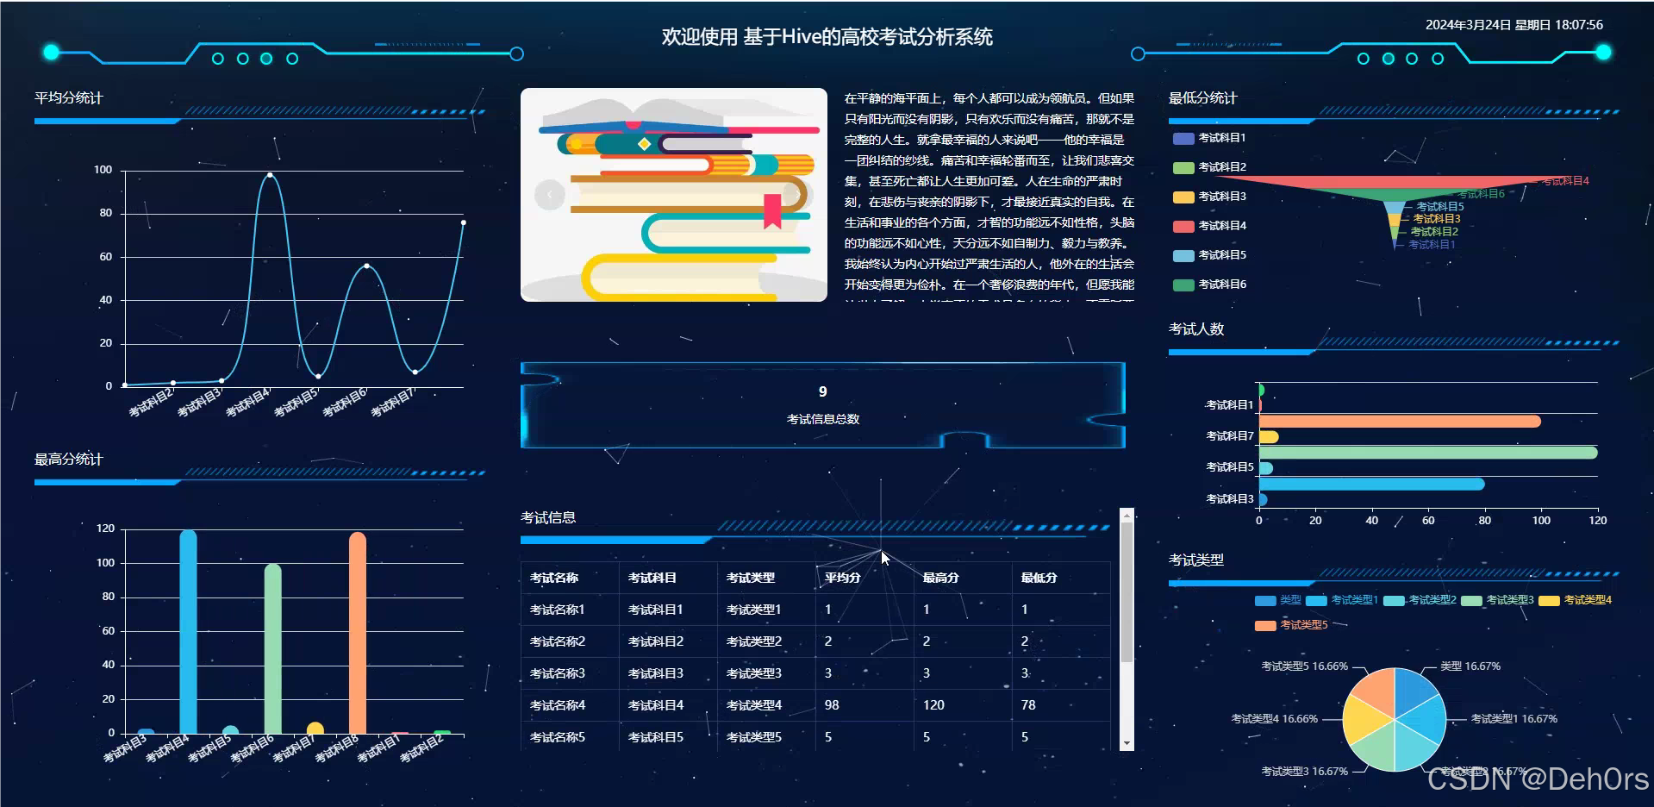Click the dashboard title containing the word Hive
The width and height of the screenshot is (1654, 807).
point(827,37)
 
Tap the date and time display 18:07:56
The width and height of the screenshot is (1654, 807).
point(1514,25)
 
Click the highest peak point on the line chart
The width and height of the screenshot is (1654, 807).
point(270,175)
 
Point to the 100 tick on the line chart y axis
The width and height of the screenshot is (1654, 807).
point(103,170)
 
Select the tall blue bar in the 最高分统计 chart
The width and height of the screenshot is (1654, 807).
point(188,631)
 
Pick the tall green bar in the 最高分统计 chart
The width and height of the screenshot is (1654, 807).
point(272,648)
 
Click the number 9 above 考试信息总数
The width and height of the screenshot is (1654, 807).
point(822,392)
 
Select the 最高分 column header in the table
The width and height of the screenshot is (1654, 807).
point(940,578)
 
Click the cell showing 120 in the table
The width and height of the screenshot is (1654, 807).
point(933,705)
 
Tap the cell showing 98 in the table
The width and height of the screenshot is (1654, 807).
point(832,705)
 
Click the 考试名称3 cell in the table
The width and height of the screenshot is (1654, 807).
point(558,673)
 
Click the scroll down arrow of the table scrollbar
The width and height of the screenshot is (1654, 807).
point(1127,743)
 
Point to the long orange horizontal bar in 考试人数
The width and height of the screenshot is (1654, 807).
point(1399,422)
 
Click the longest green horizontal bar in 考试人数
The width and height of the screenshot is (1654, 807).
point(1427,453)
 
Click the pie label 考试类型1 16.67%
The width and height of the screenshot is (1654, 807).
point(1513,719)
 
